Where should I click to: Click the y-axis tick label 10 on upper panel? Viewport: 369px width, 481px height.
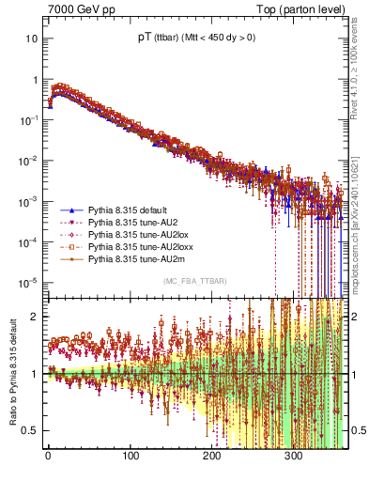click(32, 39)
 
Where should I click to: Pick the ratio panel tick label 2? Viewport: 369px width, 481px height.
click(36, 317)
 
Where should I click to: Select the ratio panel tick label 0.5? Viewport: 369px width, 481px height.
click(31, 430)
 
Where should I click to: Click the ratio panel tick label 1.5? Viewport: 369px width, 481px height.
click(31, 345)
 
